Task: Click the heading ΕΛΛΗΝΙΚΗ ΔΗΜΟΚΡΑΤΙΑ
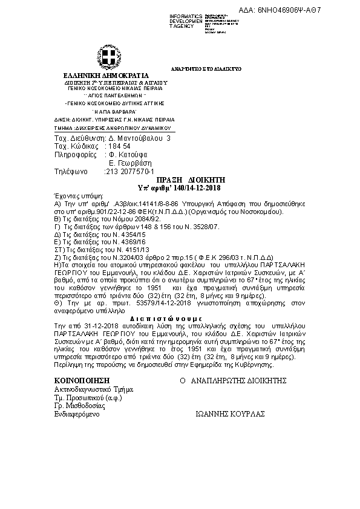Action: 106,76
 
